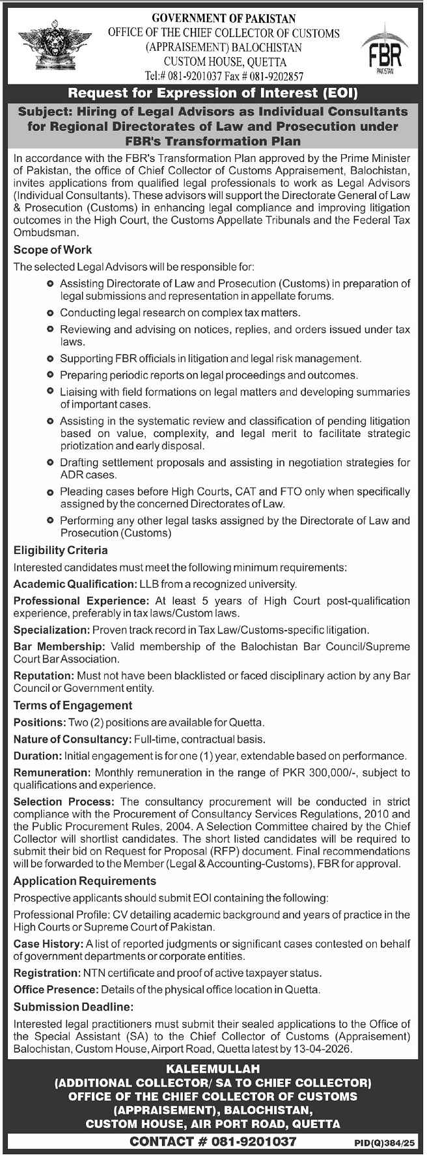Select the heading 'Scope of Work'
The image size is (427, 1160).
[53, 250]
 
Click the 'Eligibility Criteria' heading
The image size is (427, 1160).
[61, 550]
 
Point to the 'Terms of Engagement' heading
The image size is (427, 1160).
[73, 705]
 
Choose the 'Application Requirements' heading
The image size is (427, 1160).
[85, 880]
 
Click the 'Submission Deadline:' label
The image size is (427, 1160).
[73, 1007]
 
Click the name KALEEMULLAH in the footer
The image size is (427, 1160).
[213, 1068]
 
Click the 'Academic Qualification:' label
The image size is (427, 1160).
[75, 584]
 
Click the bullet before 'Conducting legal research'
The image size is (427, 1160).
[51, 313]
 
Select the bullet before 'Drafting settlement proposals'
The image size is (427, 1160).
[51, 462]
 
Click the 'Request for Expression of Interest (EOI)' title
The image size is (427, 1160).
[213, 93]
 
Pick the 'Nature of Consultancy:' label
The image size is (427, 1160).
[72, 739]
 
